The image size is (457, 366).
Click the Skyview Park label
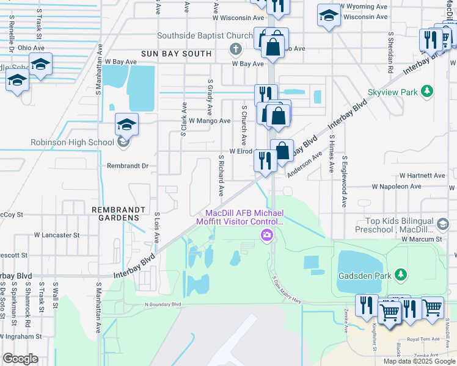coord(392,91)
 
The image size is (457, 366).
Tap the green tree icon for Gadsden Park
coord(400,275)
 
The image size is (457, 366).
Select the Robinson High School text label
coord(71,143)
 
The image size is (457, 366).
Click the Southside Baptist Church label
coord(205,35)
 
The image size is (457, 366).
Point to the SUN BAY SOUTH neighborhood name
coord(176,54)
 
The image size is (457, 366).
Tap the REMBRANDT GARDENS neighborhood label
coord(120,213)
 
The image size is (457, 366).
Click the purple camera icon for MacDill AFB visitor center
coord(266,235)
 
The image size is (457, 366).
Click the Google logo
coord(20,359)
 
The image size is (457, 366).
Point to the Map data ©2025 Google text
coord(419,361)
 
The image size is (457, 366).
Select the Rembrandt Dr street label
coord(128,165)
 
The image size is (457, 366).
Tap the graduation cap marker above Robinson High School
coord(127,124)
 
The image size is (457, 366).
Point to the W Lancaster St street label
coord(57,234)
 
